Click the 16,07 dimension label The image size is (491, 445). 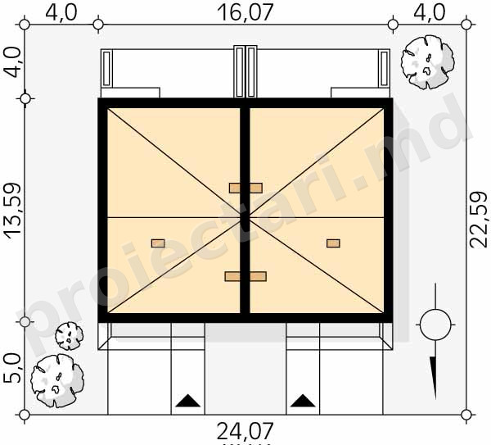(245, 12)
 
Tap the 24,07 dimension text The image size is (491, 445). (245, 432)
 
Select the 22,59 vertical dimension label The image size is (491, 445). (479, 220)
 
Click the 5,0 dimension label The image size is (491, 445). (12, 368)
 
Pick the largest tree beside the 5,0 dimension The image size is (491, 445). (57, 380)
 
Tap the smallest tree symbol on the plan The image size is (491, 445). (70, 336)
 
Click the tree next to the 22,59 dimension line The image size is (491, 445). (427, 61)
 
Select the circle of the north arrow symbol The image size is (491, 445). (435, 325)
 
